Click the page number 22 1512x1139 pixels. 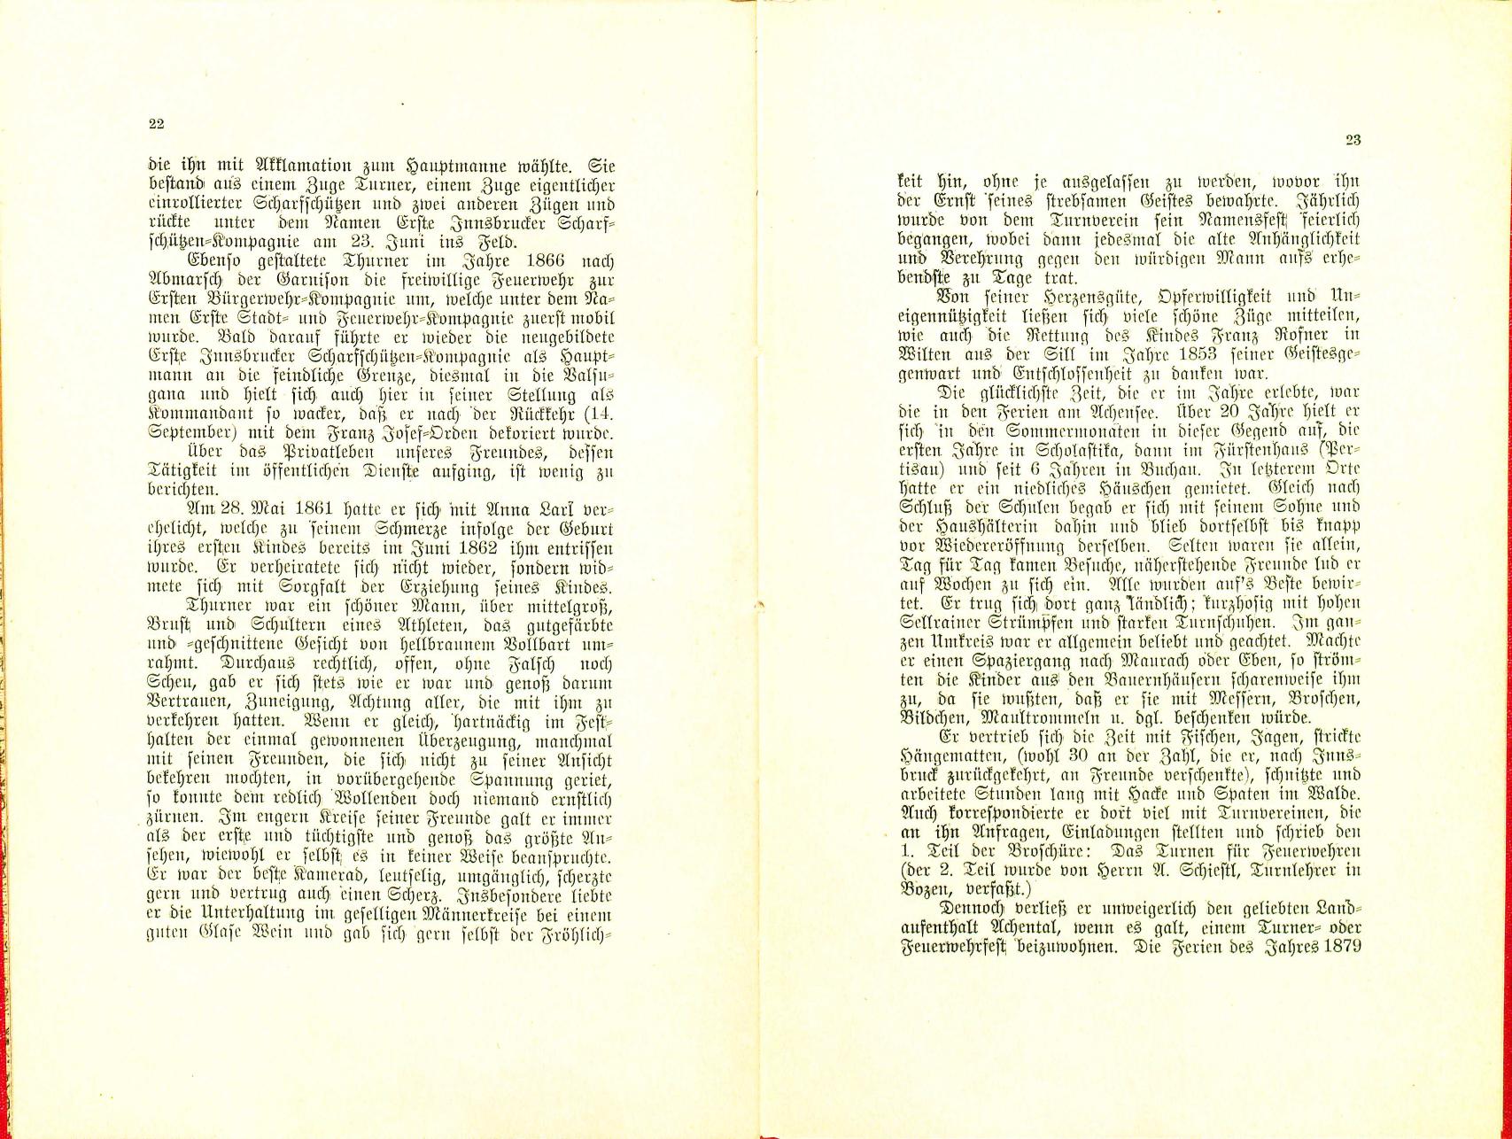155,124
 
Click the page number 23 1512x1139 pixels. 1352,139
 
